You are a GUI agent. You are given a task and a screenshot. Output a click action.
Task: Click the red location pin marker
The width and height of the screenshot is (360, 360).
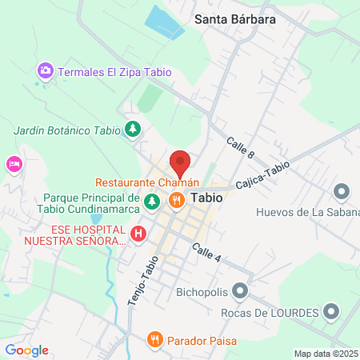(x=181, y=163)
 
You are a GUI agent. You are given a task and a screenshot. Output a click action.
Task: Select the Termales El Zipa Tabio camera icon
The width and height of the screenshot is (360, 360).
(x=46, y=71)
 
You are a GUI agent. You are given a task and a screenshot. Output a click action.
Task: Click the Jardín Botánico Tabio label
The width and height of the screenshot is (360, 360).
(x=66, y=130)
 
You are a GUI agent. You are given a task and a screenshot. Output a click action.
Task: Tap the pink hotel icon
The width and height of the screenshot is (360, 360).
(x=14, y=165)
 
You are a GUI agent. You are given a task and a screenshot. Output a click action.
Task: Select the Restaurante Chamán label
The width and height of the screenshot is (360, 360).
(x=142, y=182)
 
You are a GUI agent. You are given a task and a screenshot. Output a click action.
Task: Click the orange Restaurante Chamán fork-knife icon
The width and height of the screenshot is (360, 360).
(x=178, y=199)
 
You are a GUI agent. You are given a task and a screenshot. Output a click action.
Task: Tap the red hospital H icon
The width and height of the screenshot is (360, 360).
(x=138, y=234)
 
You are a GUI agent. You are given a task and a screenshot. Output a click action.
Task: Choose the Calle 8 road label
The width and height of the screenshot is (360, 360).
(x=239, y=147)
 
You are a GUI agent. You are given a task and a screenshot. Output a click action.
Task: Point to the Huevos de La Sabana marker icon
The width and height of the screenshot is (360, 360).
(x=342, y=192)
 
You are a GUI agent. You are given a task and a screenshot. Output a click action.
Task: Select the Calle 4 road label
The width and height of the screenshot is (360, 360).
(x=206, y=252)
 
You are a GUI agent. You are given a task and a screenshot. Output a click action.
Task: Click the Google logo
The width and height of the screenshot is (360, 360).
(x=26, y=350)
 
